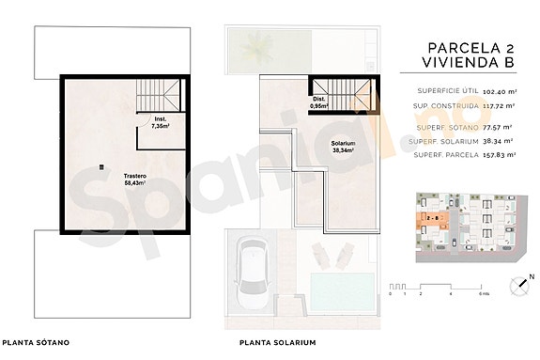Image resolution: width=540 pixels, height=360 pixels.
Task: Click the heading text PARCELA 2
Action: pos(467,46)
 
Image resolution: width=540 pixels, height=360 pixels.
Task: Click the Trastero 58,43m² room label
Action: pos(115,180)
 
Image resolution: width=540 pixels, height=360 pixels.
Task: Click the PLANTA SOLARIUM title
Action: pos(277,343)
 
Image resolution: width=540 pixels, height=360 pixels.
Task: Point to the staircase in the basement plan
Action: pos(154,95)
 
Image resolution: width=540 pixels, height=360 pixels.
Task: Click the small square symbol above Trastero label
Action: pos(100,167)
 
